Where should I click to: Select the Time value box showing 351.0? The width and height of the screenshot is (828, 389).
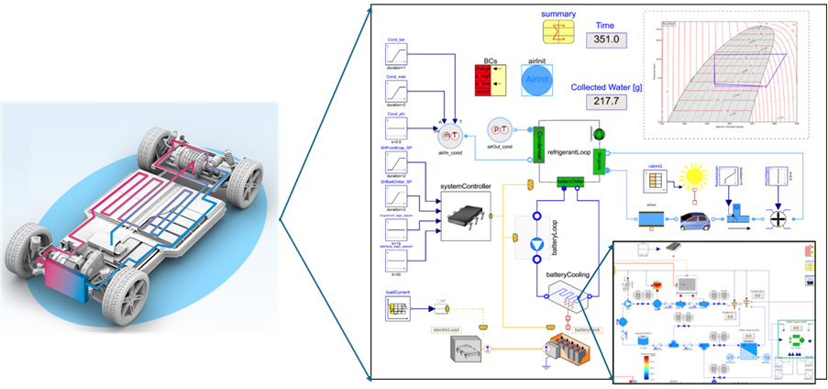pyautogui.click(x=608, y=39)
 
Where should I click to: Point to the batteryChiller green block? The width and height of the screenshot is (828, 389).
pyautogui.click(x=571, y=181)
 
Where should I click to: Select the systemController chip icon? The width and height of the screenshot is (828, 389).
pyautogui.click(x=466, y=216)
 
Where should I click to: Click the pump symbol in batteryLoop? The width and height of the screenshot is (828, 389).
pyautogui.click(x=538, y=243)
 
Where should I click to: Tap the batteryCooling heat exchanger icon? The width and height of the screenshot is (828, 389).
pyautogui.click(x=563, y=294)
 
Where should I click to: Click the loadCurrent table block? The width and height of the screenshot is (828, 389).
pyautogui.click(x=401, y=310)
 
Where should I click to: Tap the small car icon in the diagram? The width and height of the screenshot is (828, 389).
pyautogui.click(x=693, y=221)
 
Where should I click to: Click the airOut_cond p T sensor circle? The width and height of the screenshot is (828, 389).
pyautogui.click(x=501, y=131)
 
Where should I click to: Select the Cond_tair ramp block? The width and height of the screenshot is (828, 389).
pyautogui.click(x=401, y=53)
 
